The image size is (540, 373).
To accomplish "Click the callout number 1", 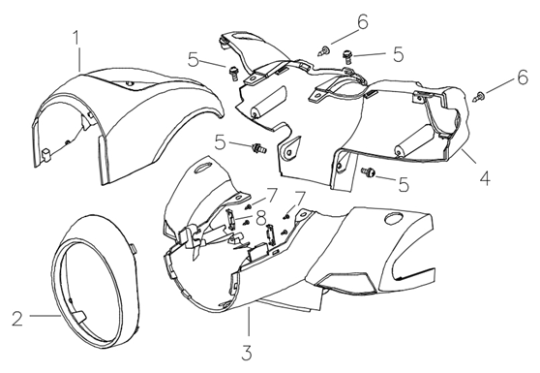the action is pos(76,38).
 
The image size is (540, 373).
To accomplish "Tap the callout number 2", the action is pos(17,318).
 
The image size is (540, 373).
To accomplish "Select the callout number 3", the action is pos(247,353).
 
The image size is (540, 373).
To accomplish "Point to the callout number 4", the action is pos(485,178).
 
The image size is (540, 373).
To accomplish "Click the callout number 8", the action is pos(261,218).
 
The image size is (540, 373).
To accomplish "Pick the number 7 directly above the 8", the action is pos(272,196).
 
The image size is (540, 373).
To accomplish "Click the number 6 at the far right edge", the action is pos(523,78).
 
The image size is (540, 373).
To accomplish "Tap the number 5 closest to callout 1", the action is pos(194,60).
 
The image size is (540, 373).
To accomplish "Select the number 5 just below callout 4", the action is pos(404,184).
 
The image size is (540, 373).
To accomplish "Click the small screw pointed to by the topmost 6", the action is pos(323,51).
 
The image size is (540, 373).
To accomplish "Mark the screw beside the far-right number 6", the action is pos(478,96).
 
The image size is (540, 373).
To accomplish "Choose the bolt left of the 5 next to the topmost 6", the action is pos(347,56).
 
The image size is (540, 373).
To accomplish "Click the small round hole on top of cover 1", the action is pos(129,83).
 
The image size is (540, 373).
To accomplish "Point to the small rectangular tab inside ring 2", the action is pos(78,317).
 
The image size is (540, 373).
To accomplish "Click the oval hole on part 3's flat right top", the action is pos(394,218).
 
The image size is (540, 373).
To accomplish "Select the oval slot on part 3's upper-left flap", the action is pos(204,168).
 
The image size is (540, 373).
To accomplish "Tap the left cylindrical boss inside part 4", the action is pos(268,102).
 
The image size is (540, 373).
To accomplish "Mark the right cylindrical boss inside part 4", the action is pos(413,141).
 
